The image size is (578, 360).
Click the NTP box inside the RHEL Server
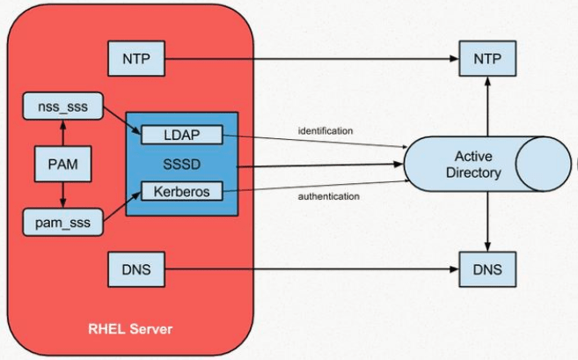[136, 60]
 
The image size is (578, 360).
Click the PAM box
[61, 163]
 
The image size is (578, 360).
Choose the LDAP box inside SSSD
[181, 136]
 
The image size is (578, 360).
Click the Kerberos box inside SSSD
[181, 190]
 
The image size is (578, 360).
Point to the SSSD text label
[180, 165]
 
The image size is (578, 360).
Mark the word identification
[326, 131]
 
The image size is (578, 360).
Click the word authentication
[328, 196]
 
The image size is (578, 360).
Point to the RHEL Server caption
[130, 329]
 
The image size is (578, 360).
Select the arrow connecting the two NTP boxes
[308, 60]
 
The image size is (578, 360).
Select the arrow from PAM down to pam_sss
[61, 194]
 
